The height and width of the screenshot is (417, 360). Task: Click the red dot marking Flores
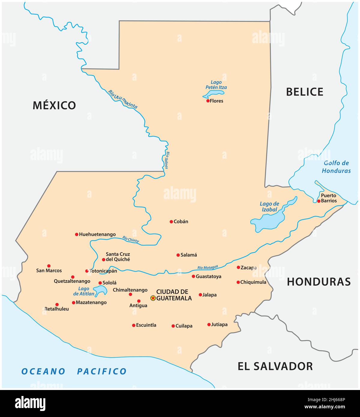[208, 101]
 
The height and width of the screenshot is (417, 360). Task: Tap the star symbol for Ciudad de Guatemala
[153, 298]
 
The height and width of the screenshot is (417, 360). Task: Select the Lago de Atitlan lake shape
[100, 290]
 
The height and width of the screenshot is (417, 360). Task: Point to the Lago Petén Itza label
[216, 85]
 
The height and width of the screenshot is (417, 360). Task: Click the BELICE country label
[304, 92]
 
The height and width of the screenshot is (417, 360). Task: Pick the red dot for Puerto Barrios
[319, 201]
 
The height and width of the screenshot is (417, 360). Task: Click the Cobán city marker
[171, 222]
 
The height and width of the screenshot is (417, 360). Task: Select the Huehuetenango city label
[97, 234]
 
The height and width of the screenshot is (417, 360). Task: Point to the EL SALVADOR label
[275, 366]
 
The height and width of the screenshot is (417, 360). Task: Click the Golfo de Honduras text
[336, 167]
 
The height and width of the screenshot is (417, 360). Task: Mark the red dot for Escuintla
[134, 325]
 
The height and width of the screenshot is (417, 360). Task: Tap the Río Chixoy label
[131, 239]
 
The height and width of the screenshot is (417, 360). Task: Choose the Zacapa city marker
[238, 267]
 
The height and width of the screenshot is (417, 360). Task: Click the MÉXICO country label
[54, 105]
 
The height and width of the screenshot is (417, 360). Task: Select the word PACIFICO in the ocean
[102, 371]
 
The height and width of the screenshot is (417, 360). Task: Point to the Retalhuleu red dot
[57, 304]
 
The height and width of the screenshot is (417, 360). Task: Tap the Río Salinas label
[167, 160]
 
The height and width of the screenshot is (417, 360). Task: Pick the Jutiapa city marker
[209, 325]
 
